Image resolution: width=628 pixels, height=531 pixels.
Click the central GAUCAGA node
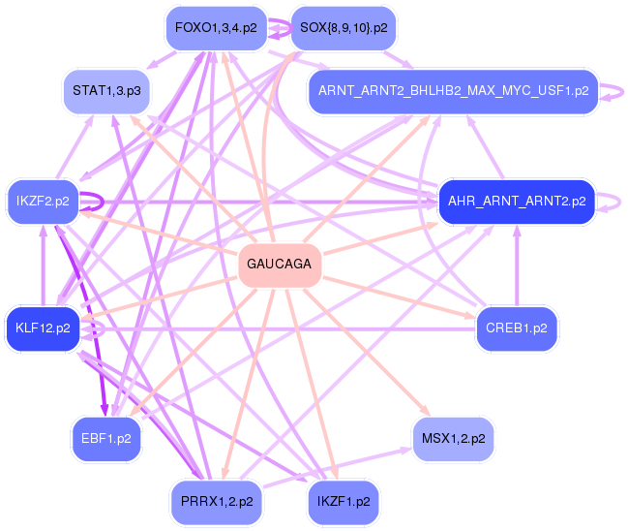(x=280, y=265)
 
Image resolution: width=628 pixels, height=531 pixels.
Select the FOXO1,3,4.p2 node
(x=216, y=28)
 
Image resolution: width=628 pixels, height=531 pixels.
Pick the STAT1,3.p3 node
(x=105, y=92)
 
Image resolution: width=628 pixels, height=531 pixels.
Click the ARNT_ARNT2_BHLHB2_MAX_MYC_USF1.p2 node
(x=453, y=92)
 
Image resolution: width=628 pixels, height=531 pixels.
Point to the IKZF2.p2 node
(x=43, y=202)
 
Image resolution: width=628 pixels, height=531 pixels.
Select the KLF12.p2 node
(x=43, y=328)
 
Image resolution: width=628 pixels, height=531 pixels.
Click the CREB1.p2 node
(x=516, y=328)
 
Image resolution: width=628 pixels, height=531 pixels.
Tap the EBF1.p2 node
(x=105, y=438)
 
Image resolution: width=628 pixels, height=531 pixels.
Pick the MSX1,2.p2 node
(x=453, y=438)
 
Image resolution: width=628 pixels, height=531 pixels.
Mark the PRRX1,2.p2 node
(x=216, y=502)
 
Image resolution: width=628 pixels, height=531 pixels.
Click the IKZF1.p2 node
(x=344, y=502)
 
